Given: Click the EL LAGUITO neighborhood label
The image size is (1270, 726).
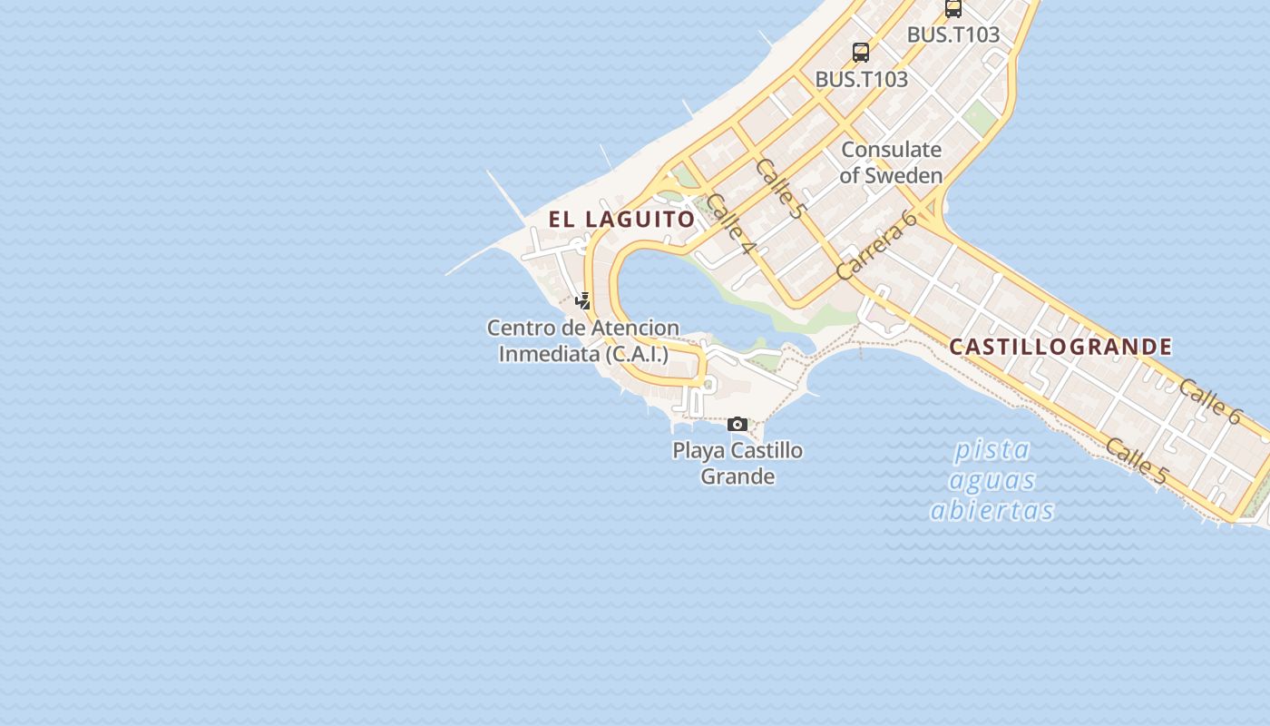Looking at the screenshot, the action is [621, 219].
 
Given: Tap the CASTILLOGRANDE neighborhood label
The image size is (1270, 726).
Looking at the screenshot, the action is [1060, 347].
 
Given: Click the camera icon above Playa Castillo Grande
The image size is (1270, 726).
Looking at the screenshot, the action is [738, 424].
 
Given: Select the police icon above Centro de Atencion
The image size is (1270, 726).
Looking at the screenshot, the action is [583, 300].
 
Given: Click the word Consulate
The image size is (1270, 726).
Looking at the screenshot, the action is [891, 149].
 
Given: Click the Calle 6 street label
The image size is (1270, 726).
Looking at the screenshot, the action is [1209, 400].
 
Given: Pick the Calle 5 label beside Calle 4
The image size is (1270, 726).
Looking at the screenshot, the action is [779, 188].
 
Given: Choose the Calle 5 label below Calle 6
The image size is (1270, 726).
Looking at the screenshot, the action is [1136, 460].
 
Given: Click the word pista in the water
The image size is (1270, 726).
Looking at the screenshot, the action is [992, 449].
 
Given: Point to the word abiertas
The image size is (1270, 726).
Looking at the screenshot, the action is [992, 510].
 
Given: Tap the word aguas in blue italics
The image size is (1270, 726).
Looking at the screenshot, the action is [994, 479].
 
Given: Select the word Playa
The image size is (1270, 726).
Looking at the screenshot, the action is [698, 450].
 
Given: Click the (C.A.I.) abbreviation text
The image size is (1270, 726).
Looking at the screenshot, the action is [637, 354].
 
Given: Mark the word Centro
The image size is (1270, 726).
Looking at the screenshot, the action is [519, 328].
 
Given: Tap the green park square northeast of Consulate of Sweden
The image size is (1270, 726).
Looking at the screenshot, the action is [979, 116].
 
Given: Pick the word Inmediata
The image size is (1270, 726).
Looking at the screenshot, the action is [549, 354].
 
